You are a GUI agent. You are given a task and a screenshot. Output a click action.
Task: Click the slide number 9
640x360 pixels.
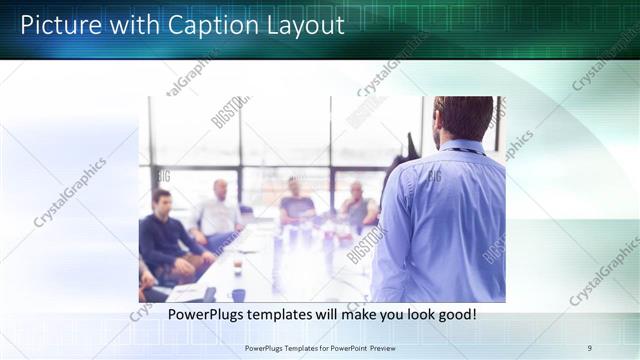pos(589,348)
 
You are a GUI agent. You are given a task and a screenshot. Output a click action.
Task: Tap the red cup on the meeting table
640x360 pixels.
pos(237,267)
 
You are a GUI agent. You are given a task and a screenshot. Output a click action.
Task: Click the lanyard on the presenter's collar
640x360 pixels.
pos(461,151)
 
